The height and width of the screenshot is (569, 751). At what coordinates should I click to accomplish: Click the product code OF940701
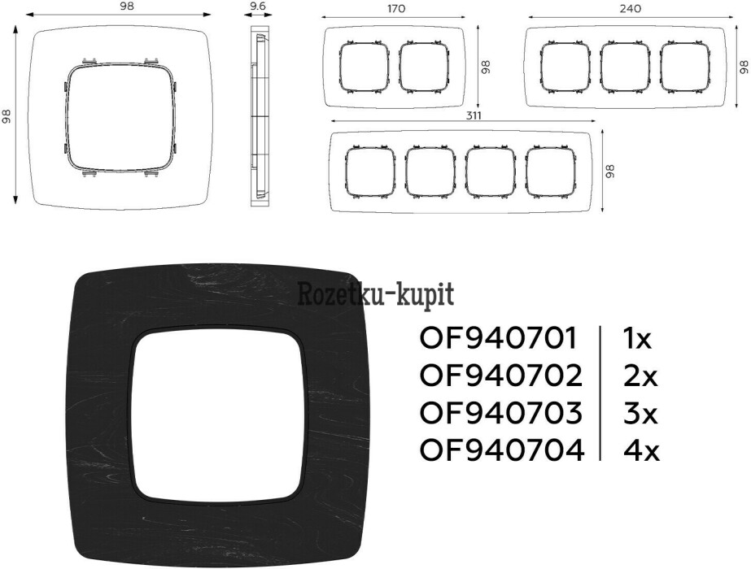click(x=499, y=338)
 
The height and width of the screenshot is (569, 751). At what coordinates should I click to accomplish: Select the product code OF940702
click(x=501, y=376)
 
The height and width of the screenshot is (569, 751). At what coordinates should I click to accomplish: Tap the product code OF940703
click(x=501, y=413)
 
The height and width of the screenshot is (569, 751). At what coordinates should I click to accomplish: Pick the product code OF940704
click(x=502, y=450)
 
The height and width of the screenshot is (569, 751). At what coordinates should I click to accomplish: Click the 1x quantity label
click(x=637, y=338)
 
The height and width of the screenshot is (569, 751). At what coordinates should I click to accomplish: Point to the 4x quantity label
click(x=641, y=450)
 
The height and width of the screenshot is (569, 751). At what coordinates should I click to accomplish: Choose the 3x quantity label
click(x=640, y=413)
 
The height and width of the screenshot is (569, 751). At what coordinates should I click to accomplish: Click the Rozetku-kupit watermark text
click(x=376, y=294)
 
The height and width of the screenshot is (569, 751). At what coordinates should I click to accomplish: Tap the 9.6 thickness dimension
click(x=258, y=7)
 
